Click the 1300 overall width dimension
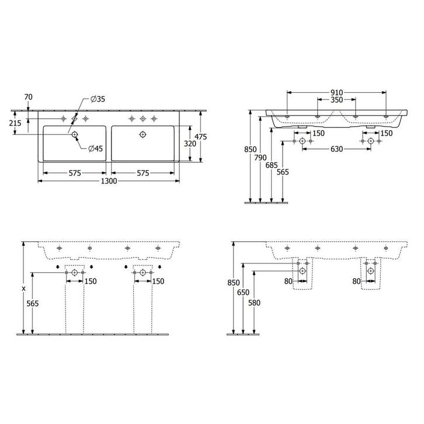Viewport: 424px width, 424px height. tap(109, 181)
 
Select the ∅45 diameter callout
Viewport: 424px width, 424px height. tap(95, 148)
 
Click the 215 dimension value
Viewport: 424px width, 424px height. tap(16, 123)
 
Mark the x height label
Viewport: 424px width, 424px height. tap(23, 288)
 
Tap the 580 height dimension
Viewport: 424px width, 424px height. tap(254, 303)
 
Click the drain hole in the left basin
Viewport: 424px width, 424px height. tap(75, 135)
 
